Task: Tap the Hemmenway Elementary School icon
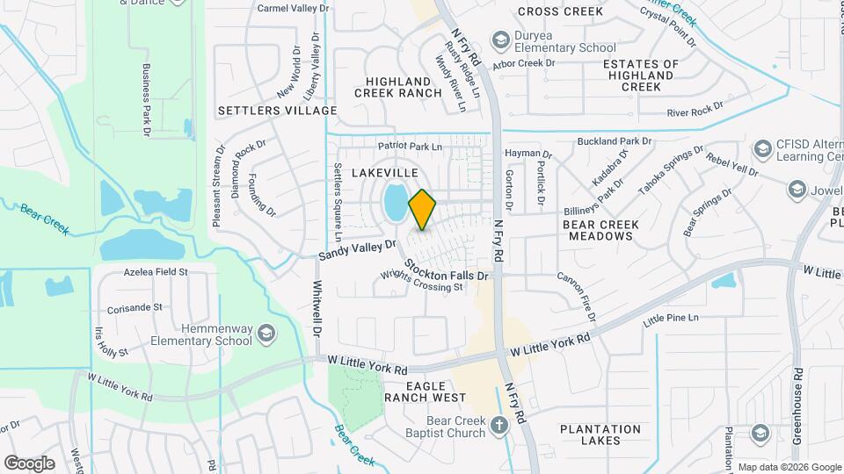[x=266, y=334]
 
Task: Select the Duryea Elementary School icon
[x=500, y=40]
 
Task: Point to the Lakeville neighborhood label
[x=384, y=174]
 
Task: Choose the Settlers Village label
[x=277, y=111]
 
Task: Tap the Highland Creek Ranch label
[x=398, y=87]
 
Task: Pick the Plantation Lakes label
[x=600, y=434]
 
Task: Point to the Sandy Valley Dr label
[x=358, y=249]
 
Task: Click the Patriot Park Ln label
[x=410, y=146]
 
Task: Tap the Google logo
[x=29, y=463]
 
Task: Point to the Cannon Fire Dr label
[x=577, y=296]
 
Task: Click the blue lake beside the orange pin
[x=395, y=204]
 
